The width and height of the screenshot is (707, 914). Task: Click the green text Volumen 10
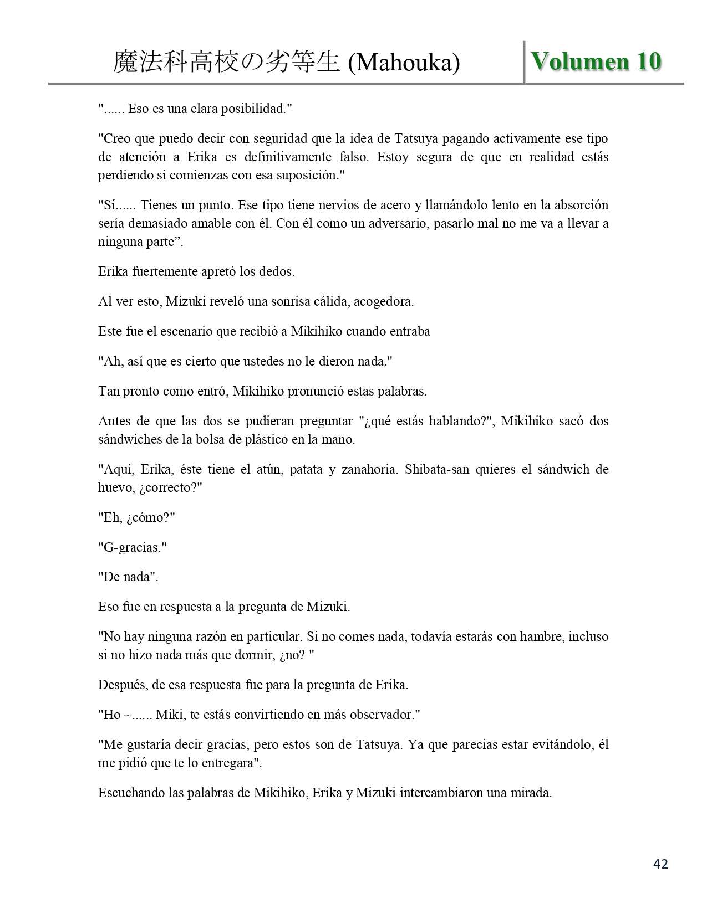pos(596,61)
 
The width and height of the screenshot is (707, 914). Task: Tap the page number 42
pos(660,864)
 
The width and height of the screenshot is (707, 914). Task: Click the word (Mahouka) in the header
pos(404,63)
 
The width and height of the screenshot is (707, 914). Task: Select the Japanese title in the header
pos(226,63)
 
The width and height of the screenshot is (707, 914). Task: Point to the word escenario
pos(184,332)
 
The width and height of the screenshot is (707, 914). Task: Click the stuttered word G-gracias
pos(132,548)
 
